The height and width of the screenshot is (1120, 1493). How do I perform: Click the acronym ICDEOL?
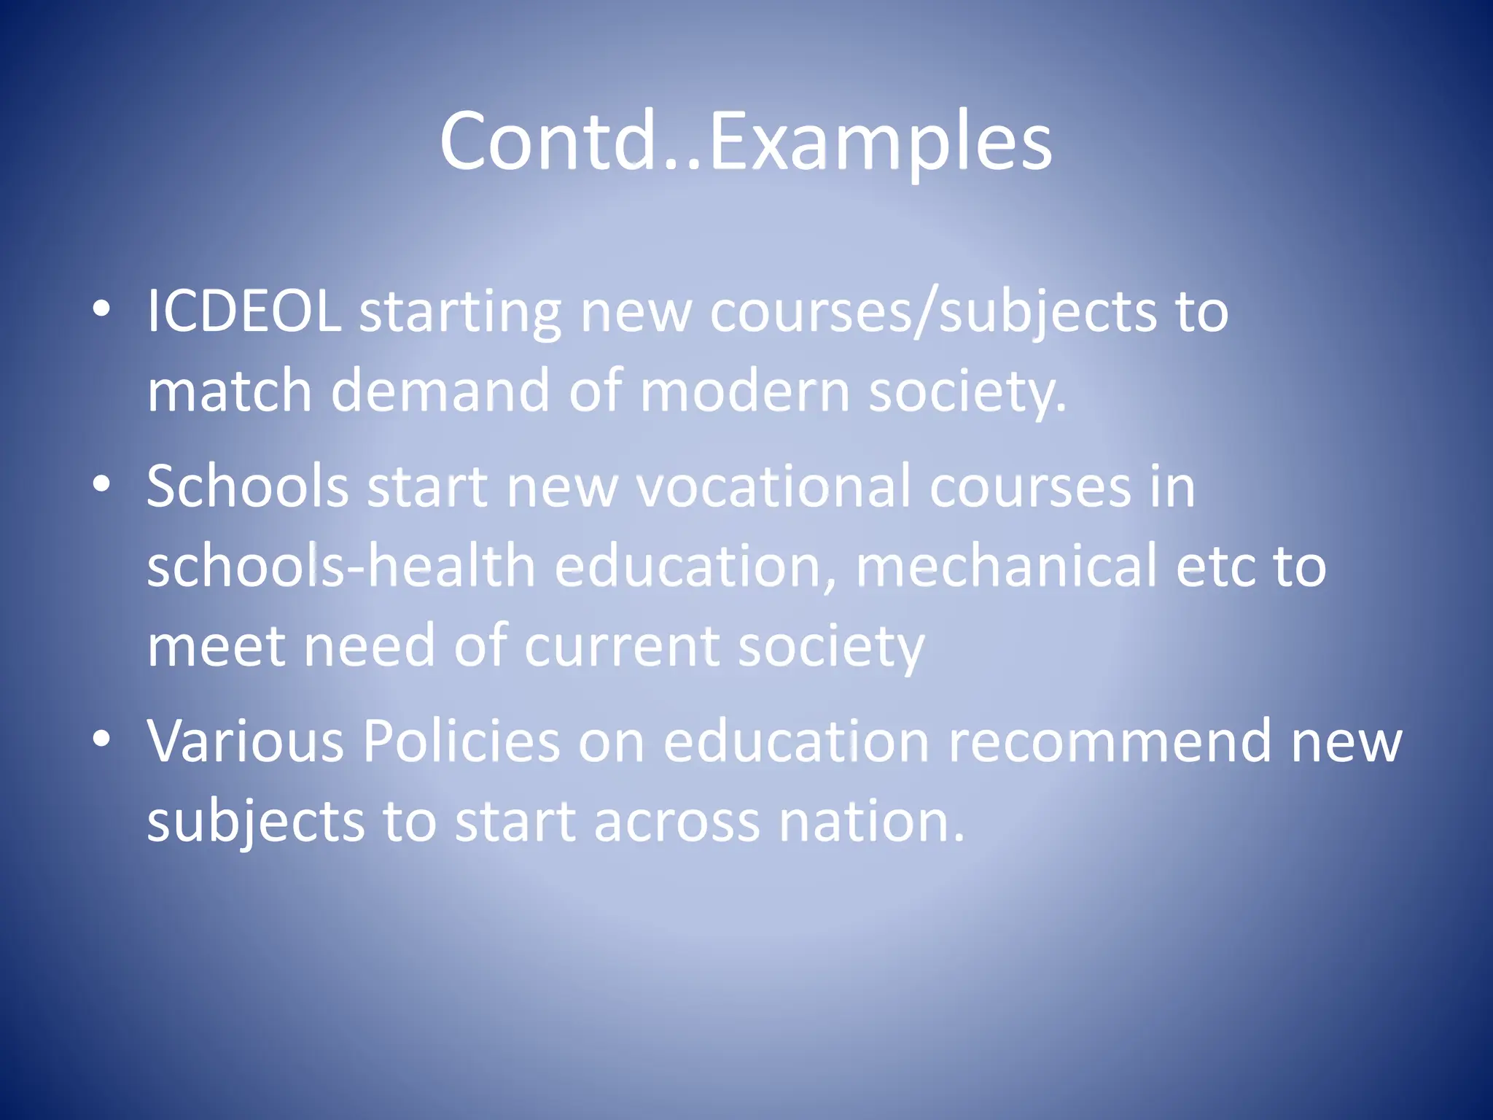click(244, 311)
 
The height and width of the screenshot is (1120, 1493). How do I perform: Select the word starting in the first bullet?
click(460, 313)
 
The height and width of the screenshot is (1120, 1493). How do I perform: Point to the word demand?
click(440, 391)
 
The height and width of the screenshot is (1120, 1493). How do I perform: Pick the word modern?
click(745, 391)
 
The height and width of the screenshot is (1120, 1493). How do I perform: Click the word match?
click(230, 391)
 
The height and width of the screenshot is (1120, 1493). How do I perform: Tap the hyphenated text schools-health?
click(341, 566)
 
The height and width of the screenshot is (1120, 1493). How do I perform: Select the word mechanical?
click(1006, 566)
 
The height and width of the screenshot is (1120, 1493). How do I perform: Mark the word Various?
click(246, 742)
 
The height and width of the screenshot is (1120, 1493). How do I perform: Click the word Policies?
click(461, 742)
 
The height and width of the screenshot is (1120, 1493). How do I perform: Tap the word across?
click(677, 822)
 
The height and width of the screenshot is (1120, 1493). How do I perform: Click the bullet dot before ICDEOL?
click(102, 309)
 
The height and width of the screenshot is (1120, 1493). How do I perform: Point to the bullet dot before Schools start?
click(102, 483)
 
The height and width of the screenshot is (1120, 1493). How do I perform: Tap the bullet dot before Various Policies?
click(102, 739)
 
